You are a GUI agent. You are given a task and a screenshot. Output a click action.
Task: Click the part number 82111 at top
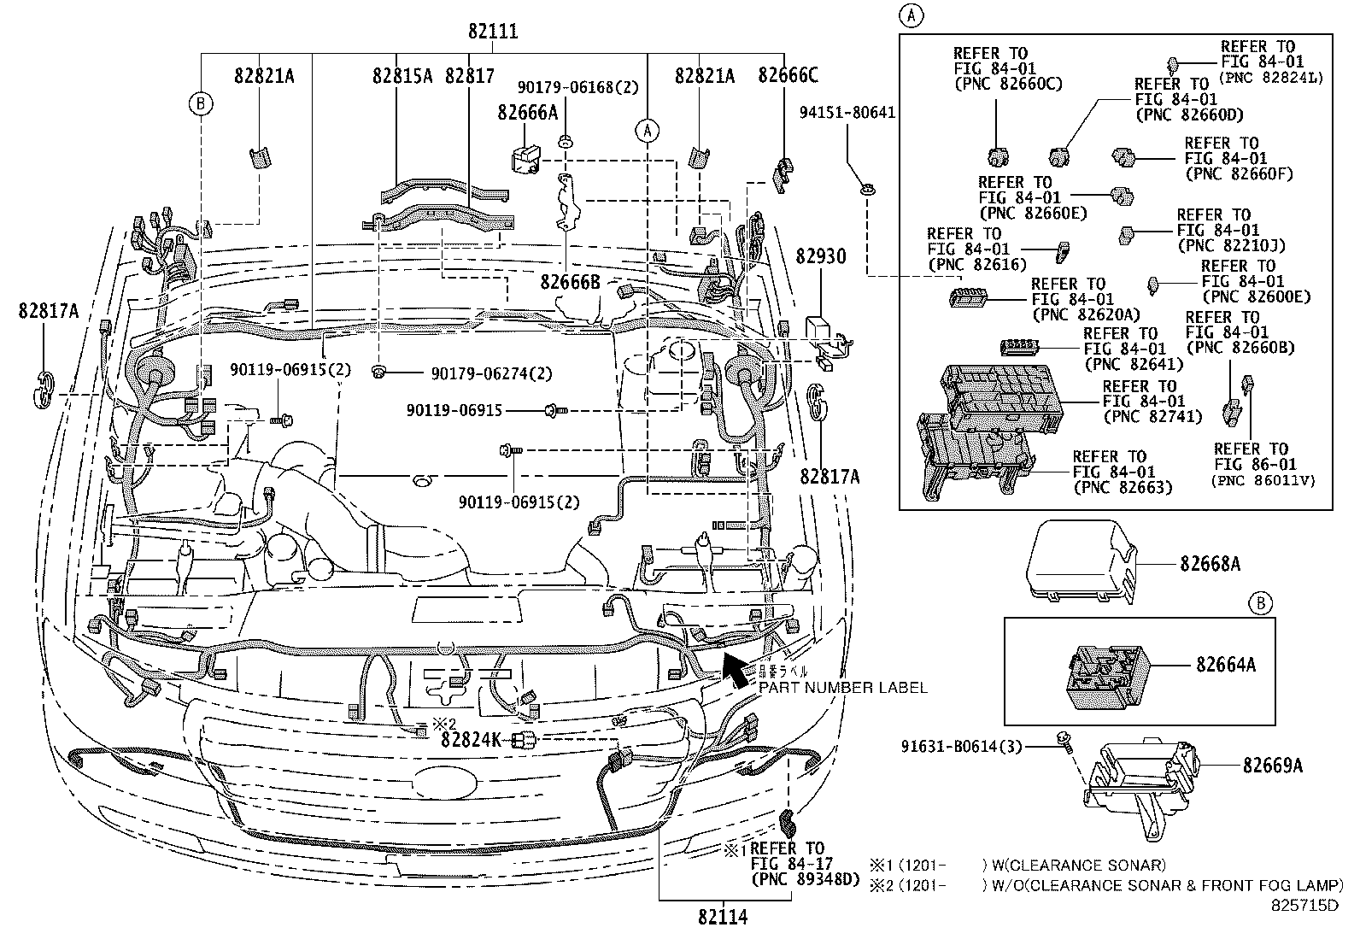point(493,32)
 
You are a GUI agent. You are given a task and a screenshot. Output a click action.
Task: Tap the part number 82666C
point(787,76)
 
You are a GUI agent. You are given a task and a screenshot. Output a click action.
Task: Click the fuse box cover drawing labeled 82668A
point(1080,560)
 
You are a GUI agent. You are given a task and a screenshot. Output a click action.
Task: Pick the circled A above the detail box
point(913,14)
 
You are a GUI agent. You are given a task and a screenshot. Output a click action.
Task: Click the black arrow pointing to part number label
point(734,668)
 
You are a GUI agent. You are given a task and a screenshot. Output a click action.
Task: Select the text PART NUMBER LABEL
point(842,687)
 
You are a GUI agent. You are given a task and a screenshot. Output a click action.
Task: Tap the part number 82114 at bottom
point(722,918)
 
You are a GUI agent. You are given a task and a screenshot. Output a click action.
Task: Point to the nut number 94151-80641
point(847,112)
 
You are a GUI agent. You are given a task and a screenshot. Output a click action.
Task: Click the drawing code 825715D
point(1304,906)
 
